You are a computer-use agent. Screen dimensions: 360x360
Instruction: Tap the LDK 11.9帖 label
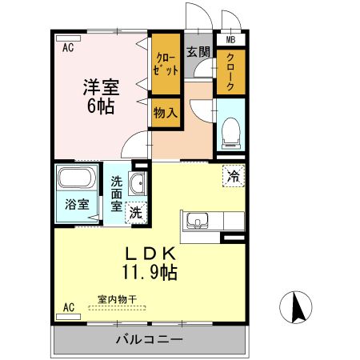pos(149,262)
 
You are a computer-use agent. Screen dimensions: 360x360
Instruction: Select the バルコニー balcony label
pos(148,340)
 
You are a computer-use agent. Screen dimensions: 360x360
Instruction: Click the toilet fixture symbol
pos(230,131)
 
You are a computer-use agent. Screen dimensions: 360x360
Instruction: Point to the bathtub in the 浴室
pos(77,178)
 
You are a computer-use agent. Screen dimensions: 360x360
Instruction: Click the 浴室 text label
pos(77,204)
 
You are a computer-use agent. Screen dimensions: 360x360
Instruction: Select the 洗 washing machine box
pos(136,212)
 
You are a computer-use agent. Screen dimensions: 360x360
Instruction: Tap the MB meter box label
pos(230,39)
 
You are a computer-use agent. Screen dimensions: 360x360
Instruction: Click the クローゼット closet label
pos(166,66)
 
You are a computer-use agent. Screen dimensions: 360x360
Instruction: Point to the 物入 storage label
pos(166,113)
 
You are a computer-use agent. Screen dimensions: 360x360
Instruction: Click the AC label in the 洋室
pos(68,48)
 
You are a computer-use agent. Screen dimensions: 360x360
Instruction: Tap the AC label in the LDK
pos(68,307)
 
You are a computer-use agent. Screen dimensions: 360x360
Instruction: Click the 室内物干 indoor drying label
pos(117,300)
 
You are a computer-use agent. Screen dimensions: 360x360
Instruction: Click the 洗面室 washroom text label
pos(118,193)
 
